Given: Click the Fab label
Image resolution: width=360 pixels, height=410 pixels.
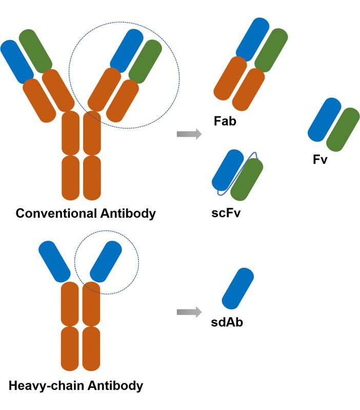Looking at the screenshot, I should pyautogui.click(x=225, y=122).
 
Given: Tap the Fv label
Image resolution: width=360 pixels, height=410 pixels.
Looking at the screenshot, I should pyautogui.click(x=320, y=159).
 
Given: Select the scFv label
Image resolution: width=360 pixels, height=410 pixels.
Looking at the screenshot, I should pyautogui.click(x=226, y=212).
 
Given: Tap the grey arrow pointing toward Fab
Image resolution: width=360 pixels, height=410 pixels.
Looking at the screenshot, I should pyautogui.click(x=189, y=134).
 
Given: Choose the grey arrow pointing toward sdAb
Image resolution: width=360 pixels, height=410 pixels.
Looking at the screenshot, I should pyautogui.click(x=189, y=312).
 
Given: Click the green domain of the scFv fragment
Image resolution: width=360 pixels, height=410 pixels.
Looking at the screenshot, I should pyautogui.click(x=247, y=179).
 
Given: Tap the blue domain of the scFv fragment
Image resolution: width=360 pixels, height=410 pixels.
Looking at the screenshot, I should pyautogui.click(x=228, y=170).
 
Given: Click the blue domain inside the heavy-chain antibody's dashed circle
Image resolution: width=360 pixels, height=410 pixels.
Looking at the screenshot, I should pyautogui.click(x=106, y=260).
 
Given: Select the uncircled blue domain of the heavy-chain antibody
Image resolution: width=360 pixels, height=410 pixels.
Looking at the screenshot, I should pyautogui.click(x=54, y=260).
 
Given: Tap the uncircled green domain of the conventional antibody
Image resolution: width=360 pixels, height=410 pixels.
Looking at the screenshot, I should pyautogui.click(x=35, y=50).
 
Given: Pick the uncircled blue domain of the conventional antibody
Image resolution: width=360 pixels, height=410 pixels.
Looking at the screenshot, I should pyautogui.click(x=17, y=61).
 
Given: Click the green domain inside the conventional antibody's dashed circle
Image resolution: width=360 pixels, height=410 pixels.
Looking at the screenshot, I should pyautogui.click(x=145, y=61).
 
